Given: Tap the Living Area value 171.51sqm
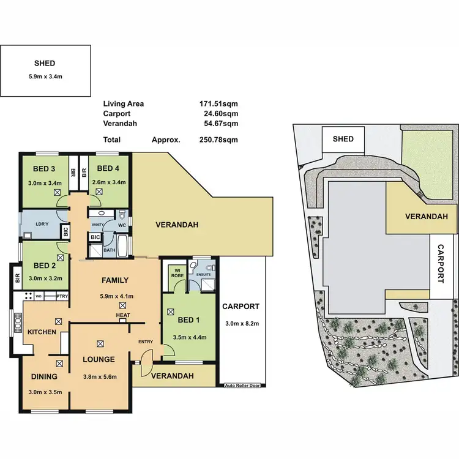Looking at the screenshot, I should (218, 104).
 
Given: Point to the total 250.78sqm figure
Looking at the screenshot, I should (218, 140).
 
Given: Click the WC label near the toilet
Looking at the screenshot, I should (121, 225).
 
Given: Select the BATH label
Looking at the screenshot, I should (109, 250).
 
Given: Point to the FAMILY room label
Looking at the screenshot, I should (114, 281).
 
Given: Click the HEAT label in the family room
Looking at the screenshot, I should (123, 315).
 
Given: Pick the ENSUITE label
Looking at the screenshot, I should (204, 275).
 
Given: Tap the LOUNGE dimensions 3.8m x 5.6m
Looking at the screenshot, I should (99, 376).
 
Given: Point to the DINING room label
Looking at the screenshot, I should (45, 377).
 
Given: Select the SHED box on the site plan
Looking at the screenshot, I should (343, 139).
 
